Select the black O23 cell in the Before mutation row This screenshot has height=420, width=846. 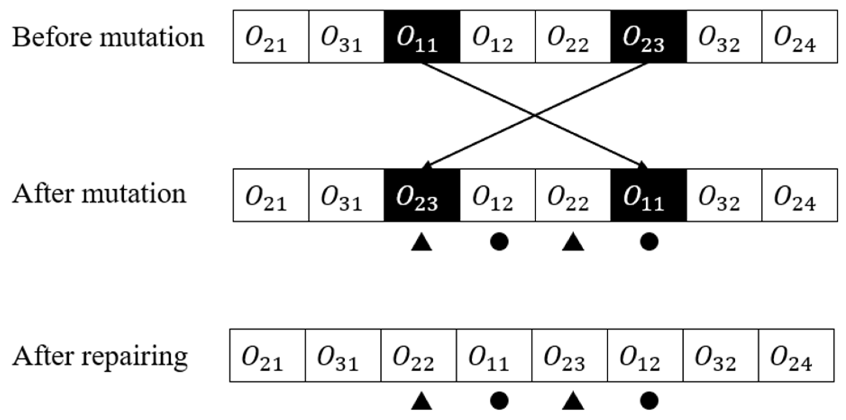click(648, 37)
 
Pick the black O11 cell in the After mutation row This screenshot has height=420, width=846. click(648, 195)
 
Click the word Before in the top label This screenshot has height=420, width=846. click(52, 37)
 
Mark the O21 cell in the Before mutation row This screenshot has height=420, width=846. click(271, 37)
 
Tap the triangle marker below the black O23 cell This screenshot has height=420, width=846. click(421, 243)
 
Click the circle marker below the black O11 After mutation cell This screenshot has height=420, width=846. click(649, 242)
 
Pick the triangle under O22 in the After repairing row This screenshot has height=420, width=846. click(421, 402)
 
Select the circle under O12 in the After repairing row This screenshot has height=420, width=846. click(649, 401)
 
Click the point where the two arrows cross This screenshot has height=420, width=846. click(535, 115)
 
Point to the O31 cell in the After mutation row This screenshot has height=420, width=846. click(346, 195)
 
